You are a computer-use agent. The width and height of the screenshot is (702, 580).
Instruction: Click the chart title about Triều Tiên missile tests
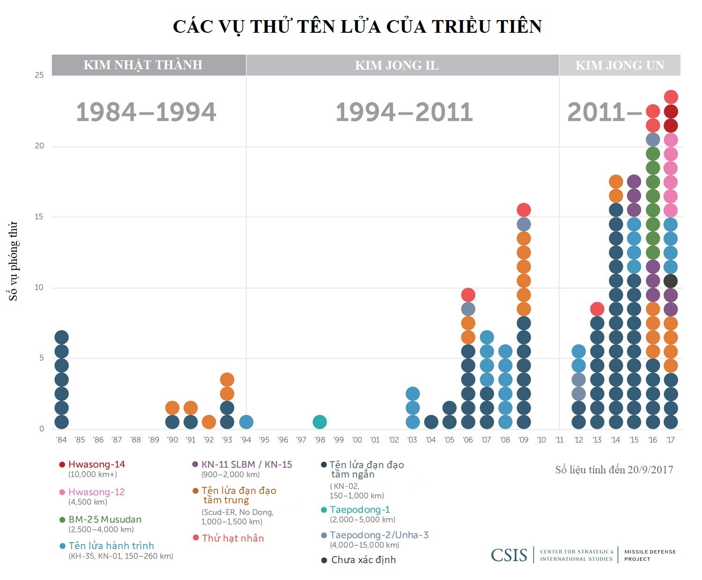357,27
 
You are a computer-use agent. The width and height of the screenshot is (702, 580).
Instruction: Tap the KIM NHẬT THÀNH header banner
143,65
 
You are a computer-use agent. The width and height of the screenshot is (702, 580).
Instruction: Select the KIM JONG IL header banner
397,65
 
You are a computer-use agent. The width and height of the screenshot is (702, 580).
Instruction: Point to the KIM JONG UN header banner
620,65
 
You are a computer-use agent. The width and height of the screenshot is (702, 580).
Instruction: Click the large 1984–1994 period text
146,112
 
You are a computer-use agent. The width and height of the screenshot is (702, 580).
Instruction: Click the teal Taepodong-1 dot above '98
320,422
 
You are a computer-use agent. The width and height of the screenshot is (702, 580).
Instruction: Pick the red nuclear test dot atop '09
524,210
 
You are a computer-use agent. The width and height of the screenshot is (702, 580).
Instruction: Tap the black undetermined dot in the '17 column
671,281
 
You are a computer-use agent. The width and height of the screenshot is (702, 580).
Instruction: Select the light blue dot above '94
246,422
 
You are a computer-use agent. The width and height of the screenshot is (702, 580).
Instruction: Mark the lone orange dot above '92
209,422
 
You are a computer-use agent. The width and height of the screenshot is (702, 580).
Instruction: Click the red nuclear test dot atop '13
597,309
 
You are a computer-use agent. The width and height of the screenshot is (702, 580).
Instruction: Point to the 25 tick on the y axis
39,75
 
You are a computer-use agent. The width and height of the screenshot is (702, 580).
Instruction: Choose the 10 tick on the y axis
39,287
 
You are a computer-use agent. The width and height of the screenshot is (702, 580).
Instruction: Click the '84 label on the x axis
61,440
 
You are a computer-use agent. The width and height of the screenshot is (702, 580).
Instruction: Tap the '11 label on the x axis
560,440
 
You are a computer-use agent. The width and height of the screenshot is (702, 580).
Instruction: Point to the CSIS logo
509,555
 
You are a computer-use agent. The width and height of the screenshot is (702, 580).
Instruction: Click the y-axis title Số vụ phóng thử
14,261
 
